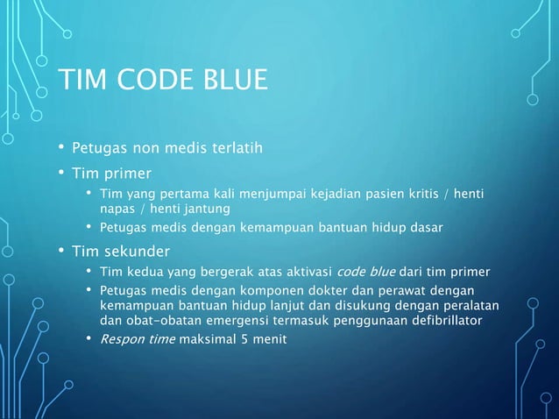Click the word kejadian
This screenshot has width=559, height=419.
point(342,193)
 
